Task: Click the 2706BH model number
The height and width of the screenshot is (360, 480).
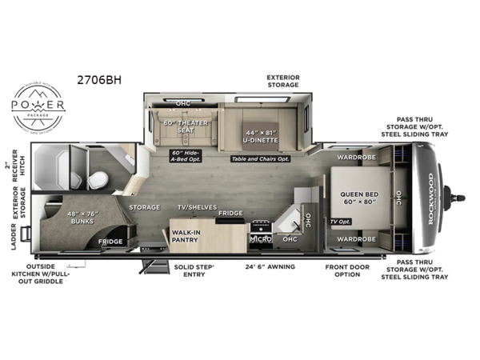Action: (x=94, y=80)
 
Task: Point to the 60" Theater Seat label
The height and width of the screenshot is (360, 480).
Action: (x=186, y=126)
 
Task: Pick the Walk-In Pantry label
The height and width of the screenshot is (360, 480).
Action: (x=185, y=236)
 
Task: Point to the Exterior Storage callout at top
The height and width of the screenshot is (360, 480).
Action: (x=283, y=82)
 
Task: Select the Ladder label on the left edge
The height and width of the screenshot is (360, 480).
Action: (x=14, y=237)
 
